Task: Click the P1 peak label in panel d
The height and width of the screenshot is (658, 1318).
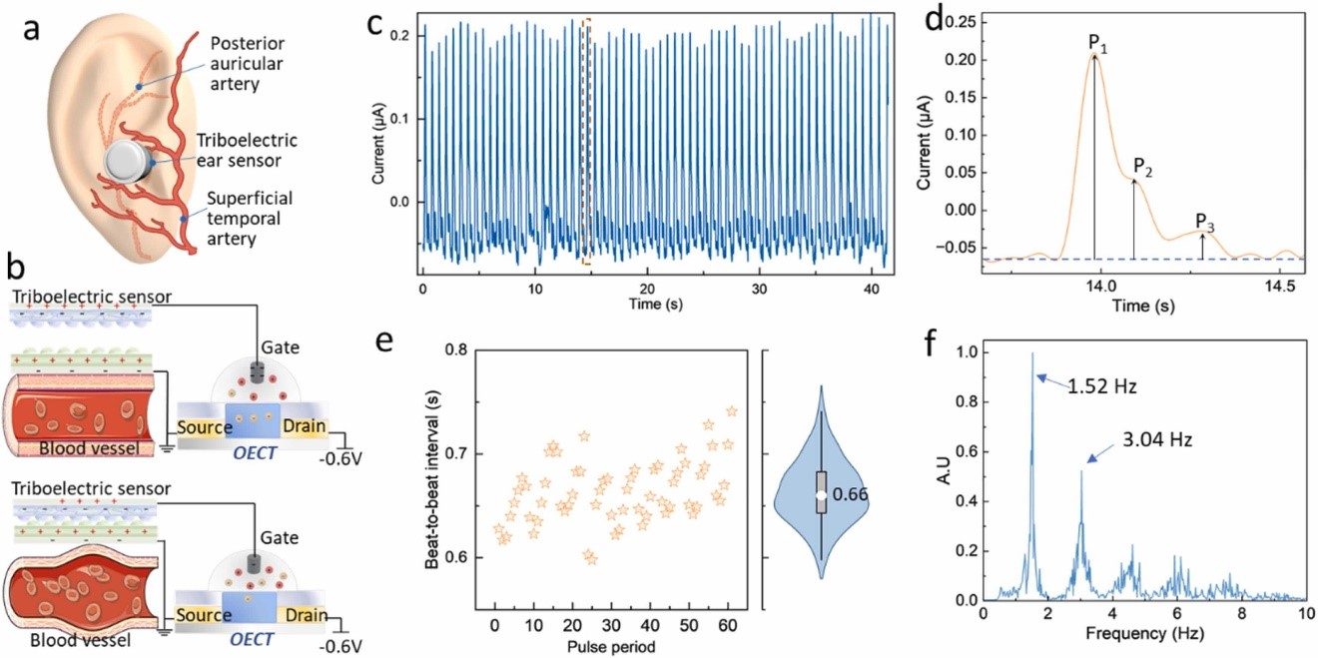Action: tap(1095, 45)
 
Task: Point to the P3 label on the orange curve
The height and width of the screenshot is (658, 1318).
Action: tap(1206, 224)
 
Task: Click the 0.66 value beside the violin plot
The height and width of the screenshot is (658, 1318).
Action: tap(852, 494)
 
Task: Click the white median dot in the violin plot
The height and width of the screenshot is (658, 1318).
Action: tap(821, 494)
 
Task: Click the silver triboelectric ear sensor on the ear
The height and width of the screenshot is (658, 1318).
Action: tap(129, 161)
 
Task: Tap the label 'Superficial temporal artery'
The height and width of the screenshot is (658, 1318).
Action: tap(251, 221)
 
